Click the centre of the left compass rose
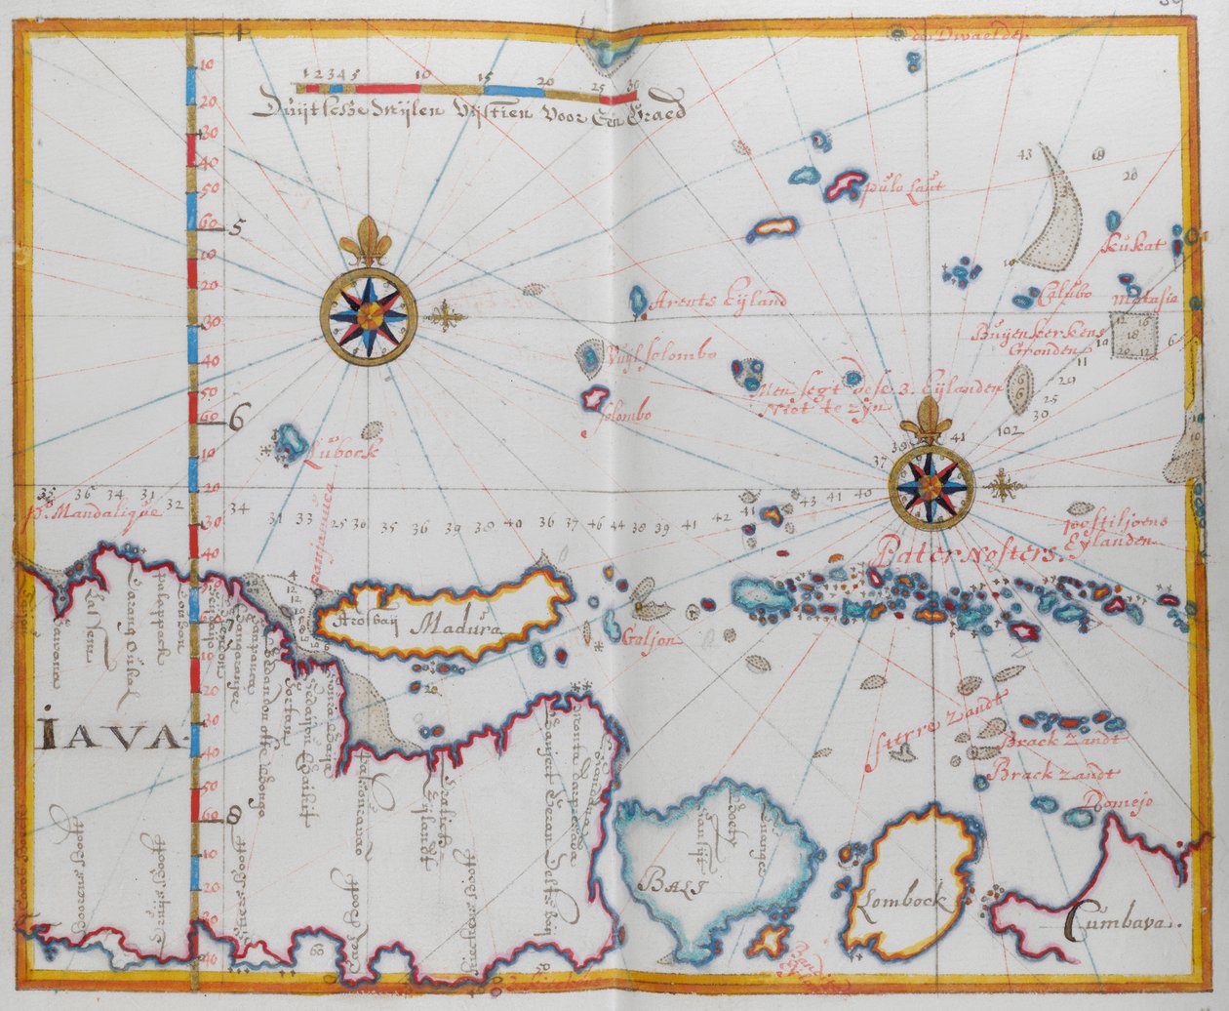(x=369, y=314)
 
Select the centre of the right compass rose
(x=932, y=485)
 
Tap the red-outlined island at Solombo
(x=592, y=398)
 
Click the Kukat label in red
(x=1134, y=245)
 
